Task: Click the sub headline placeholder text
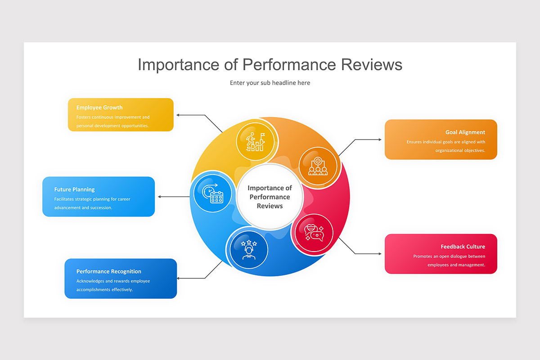click(x=270, y=83)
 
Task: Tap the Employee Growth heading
click(x=99, y=108)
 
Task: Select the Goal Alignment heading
click(x=465, y=132)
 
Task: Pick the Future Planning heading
click(x=75, y=189)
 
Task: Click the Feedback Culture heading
click(x=463, y=247)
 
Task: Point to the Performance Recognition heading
click(x=109, y=271)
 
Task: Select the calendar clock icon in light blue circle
click(x=212, y=193)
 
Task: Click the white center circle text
click(x=270, y=197)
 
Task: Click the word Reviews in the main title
click(x=371, y=65)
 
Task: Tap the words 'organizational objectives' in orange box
click(x=460, y=150)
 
